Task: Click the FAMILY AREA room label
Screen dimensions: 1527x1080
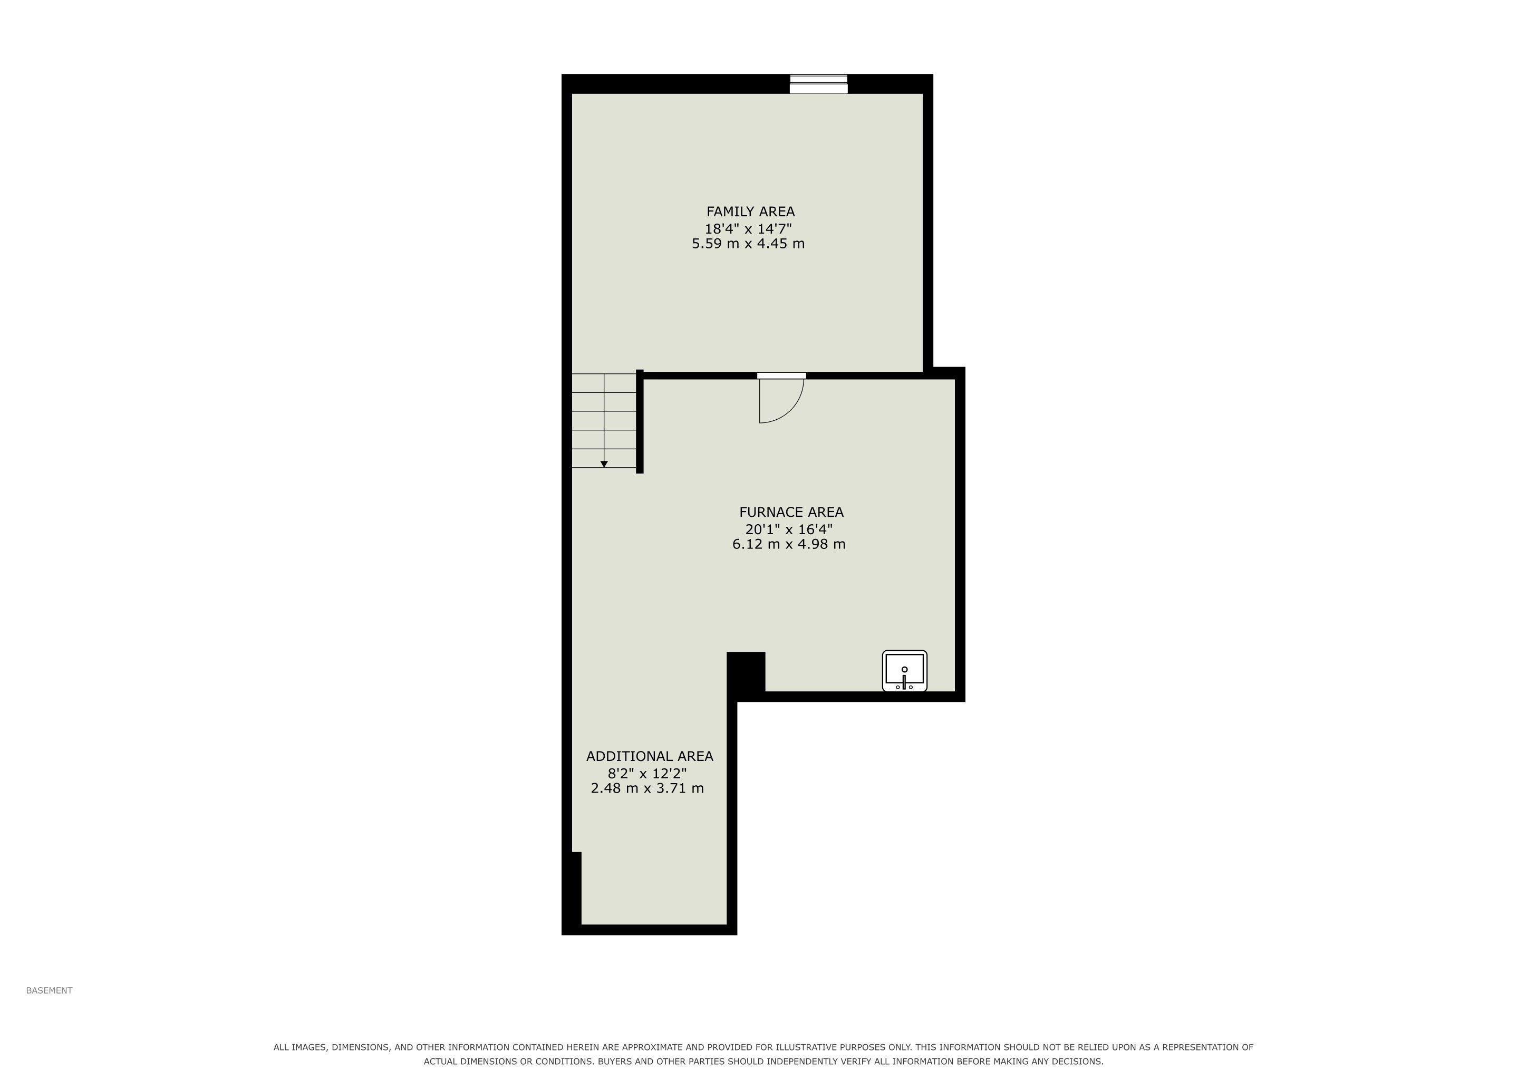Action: [750, 211]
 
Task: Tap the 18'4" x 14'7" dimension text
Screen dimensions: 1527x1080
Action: [748, 229]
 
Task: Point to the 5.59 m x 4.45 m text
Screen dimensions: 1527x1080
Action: [748, 244]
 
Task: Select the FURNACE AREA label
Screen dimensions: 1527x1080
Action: [791, 512]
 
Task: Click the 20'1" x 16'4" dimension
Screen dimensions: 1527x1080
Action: [789, 529]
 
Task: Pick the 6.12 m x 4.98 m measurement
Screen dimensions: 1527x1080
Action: [789, 544]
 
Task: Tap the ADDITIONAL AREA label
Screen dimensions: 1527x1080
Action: [650, 756]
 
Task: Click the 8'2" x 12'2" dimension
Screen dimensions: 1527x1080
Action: [647, 774]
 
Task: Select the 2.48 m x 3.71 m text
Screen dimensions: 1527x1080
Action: [647, 788]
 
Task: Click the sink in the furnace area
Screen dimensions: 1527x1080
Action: [904, 671]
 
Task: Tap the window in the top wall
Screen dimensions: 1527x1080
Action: [819, 84]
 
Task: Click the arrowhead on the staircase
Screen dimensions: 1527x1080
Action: [604, 464]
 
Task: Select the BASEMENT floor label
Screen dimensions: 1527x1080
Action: [49, 990]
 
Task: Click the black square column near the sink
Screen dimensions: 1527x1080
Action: [746, 672]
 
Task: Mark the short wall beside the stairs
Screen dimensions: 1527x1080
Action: [640, 422]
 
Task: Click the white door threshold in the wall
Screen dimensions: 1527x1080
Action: [781, 376]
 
